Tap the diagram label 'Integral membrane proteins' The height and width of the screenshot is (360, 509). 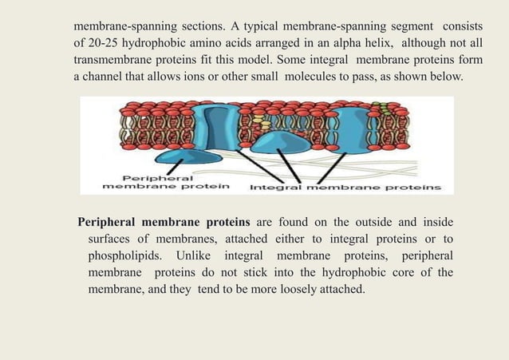click(x=345, y=188)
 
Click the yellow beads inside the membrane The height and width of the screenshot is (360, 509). click(x=257, y=122)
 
